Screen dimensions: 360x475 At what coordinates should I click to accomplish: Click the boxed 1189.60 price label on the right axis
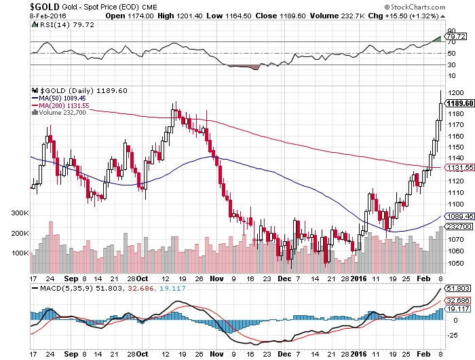(x=457, y=103)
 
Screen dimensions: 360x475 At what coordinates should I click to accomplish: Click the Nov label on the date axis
(x=217, y=278)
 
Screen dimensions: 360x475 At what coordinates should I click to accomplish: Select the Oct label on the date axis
(x=142, y=278)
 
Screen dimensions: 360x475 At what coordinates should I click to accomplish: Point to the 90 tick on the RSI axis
(x=449, y=31)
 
